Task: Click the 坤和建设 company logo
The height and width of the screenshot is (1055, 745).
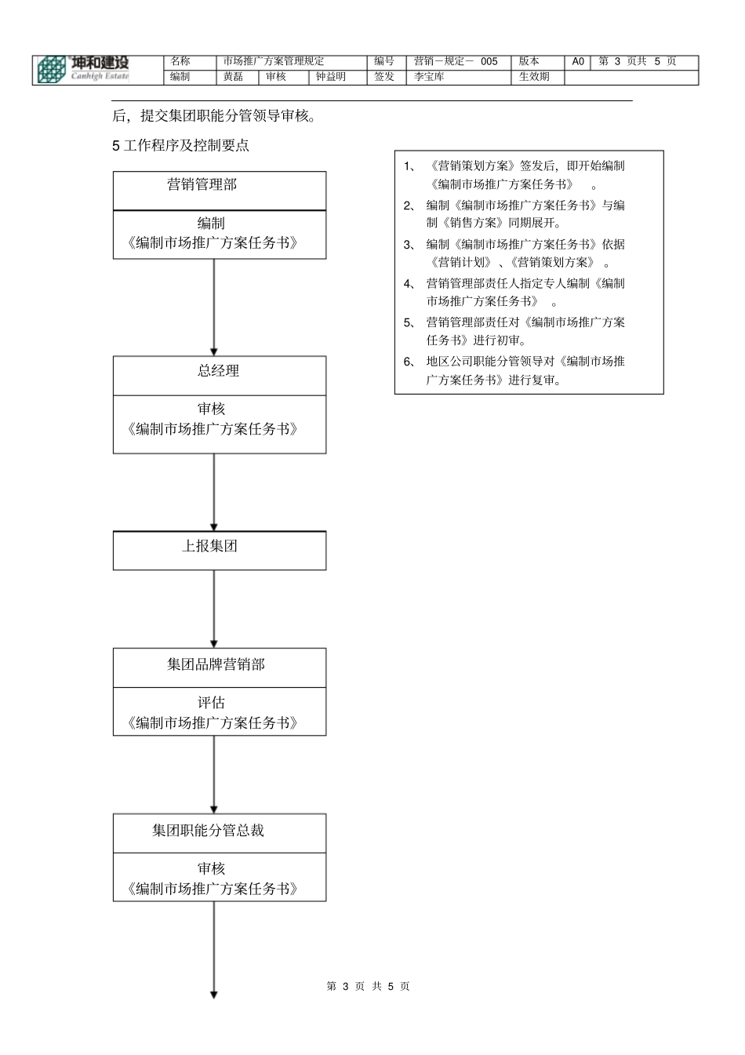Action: coord(83,69)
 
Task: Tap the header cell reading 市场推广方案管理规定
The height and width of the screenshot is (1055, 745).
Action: coord(274,61)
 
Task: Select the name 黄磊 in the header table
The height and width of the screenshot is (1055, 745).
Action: coord(234,77)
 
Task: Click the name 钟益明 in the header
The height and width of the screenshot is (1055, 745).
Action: coord(331,77)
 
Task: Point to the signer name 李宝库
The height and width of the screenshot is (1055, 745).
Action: coord(430,77)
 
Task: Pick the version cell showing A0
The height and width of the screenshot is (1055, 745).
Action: coord(578,61)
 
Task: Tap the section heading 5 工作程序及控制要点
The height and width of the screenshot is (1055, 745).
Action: coord(181,146)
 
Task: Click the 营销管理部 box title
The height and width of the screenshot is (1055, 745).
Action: coord(202,185)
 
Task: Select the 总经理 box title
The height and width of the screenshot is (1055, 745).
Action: coord(218,371)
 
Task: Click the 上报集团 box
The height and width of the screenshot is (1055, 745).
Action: coord(210,547)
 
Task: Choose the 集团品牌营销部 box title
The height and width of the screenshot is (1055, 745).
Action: coord(216,665)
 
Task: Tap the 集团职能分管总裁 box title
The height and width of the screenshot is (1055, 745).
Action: coord(208,831)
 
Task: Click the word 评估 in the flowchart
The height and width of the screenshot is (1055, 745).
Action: coord(211,703)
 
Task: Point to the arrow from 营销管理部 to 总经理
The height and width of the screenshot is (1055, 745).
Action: coord(214,307)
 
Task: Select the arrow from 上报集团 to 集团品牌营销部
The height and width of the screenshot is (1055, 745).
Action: coord(214,609)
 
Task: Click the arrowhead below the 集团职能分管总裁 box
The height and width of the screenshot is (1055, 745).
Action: coord(214,995)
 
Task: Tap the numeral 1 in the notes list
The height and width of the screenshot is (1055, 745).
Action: coord(407,166)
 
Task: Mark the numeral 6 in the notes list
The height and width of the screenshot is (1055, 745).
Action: coord(407,362)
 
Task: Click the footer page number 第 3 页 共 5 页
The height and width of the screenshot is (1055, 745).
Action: coord(368,986)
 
